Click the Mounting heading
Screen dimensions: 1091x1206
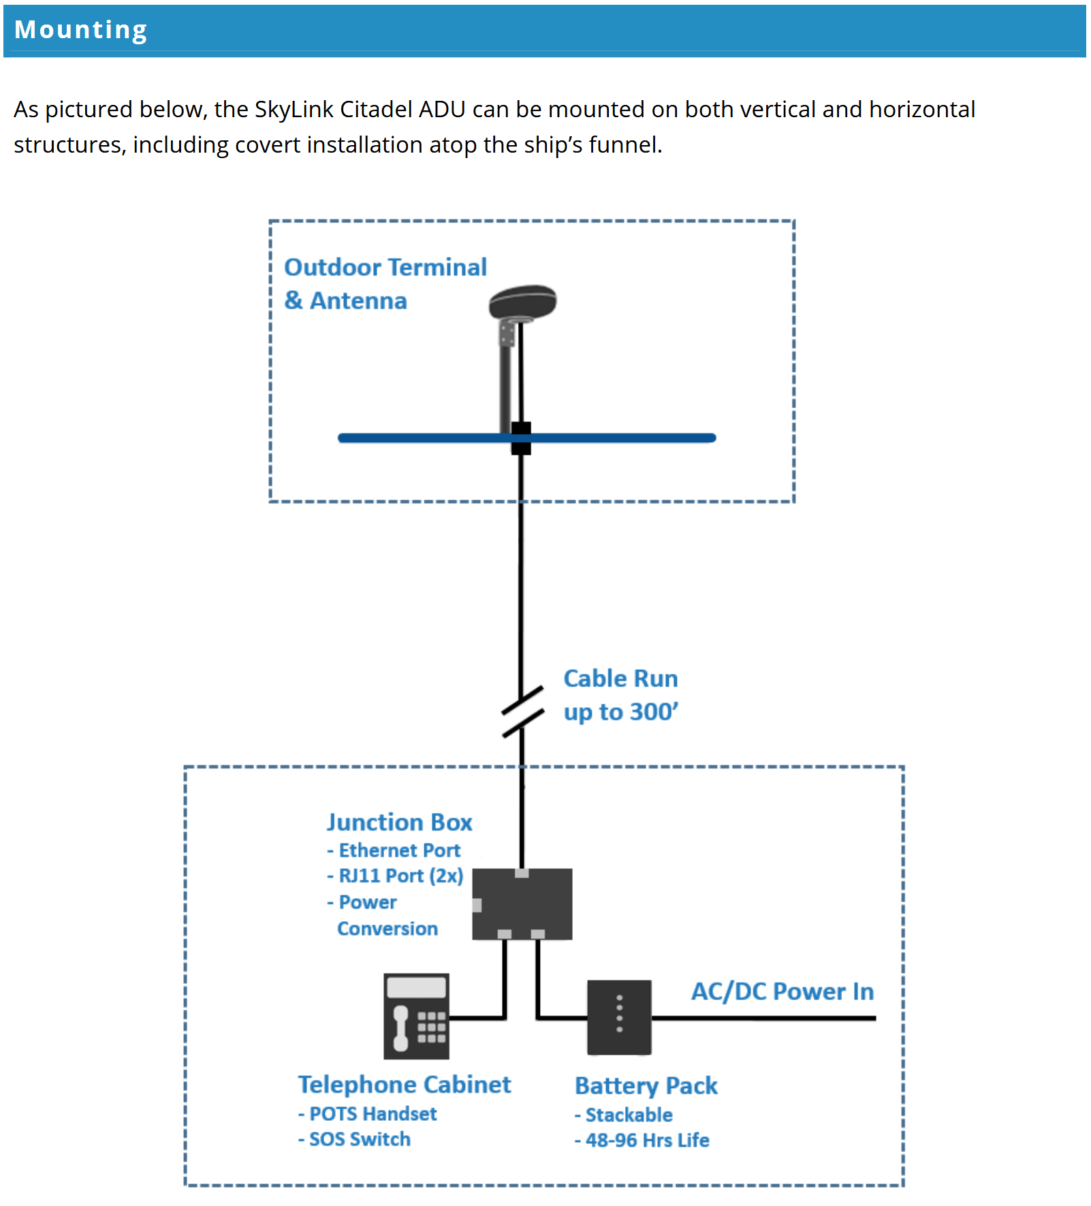point(80,30)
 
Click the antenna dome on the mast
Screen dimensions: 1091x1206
point(522,302)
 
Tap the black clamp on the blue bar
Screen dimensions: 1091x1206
point(521,438)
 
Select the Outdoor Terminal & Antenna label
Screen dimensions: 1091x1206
point(385,283)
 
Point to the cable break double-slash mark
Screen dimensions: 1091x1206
point(522,711)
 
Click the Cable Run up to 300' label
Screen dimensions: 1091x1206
point(621,695)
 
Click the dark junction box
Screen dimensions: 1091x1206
point(522,904)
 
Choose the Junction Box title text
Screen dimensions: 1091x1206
point(399,822)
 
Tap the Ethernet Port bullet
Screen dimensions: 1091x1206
point(394,850)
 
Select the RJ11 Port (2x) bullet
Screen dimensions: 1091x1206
point(395,876)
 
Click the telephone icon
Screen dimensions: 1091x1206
point(416,1016)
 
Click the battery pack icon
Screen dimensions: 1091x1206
point(619,1017)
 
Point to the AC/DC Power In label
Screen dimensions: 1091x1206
point(782,991)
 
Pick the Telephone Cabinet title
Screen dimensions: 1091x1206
point(405,1084)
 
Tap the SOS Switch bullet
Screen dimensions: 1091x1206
point(354,1139)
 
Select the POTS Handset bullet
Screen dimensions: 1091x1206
point(367,1113)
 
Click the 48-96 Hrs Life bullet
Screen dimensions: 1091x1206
point(642,1140)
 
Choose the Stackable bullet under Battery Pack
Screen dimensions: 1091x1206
point(623,1115)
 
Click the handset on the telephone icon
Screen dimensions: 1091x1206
point(401,1028)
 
